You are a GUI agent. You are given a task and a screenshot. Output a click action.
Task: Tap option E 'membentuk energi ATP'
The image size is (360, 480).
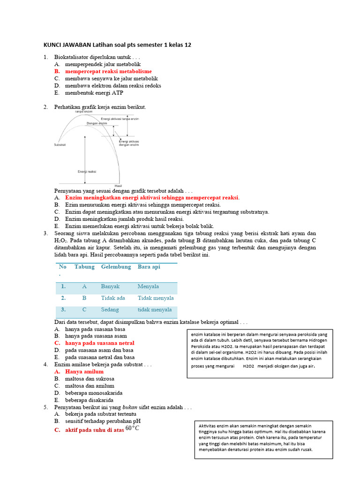[x=94, y=93]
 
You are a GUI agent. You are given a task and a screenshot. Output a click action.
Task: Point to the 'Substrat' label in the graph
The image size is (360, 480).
[x=60, y=145]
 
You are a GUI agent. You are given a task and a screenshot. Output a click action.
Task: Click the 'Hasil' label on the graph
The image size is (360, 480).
[x=118, y=186]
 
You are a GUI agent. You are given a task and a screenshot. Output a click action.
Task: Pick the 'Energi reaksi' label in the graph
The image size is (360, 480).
[x=87, y=172]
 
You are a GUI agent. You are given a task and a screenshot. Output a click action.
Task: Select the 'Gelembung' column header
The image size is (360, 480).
[x=116, y=267]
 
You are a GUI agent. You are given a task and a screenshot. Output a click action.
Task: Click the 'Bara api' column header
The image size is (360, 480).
[x=149, y=267]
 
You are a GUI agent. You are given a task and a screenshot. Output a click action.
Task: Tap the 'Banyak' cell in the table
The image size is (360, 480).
[x=110, y=286]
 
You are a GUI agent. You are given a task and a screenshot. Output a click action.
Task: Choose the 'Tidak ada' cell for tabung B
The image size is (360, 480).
[x=113, y=298]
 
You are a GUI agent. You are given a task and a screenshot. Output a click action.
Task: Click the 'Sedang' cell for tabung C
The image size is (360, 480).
[x=110, y=310]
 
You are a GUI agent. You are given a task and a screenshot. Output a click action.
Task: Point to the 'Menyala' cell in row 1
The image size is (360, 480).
[x=148, y=286]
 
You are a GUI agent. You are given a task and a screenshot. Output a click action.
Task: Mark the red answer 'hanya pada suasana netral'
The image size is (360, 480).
[x=99, y=343]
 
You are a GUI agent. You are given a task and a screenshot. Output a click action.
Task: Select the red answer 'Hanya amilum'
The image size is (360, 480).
[x=84, y=371]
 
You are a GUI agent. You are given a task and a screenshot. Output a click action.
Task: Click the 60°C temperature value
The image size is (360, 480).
[x=133, y=428]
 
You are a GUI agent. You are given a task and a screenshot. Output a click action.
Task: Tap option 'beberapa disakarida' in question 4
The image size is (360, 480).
[x=90, y=400]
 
